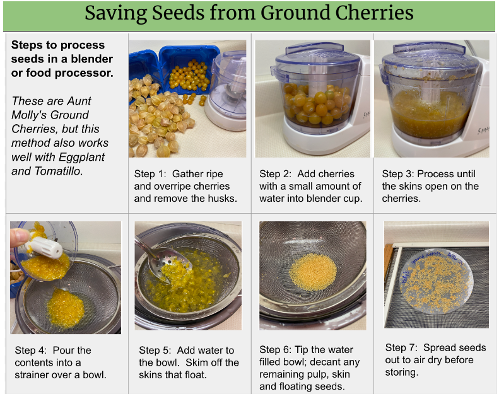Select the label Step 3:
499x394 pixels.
398,174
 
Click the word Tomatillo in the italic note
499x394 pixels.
59,171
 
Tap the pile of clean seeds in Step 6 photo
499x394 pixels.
313,272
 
